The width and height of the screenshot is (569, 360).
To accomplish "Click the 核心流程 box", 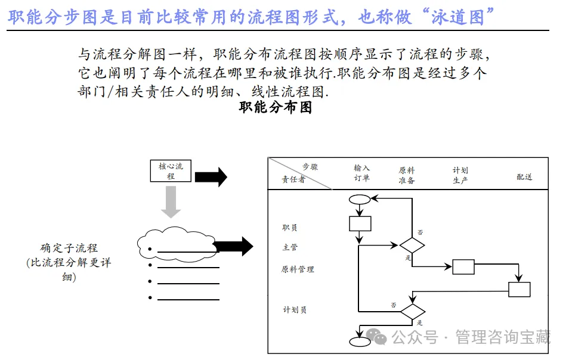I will (171, 172).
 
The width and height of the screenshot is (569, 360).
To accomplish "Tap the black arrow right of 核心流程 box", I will (211, 177).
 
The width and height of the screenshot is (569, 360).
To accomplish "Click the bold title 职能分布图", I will (276, 108).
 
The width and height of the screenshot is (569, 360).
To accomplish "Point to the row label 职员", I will (290, 227).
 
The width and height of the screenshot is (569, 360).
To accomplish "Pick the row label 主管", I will (290, 247).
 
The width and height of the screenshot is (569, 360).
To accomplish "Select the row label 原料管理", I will (298, 269).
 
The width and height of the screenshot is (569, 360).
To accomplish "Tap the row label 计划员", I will (294, 310).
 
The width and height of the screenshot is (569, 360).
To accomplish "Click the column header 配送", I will (524, 177).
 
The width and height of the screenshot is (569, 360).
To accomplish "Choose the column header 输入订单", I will (362, 173).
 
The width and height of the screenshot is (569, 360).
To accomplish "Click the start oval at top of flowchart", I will (360, 200).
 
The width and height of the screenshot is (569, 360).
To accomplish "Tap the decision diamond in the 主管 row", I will (412, 245).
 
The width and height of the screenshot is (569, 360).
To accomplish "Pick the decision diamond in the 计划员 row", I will (412, 311).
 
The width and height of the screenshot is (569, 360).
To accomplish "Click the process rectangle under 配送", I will (519, 289).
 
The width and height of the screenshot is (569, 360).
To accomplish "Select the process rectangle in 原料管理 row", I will (463, 267).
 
